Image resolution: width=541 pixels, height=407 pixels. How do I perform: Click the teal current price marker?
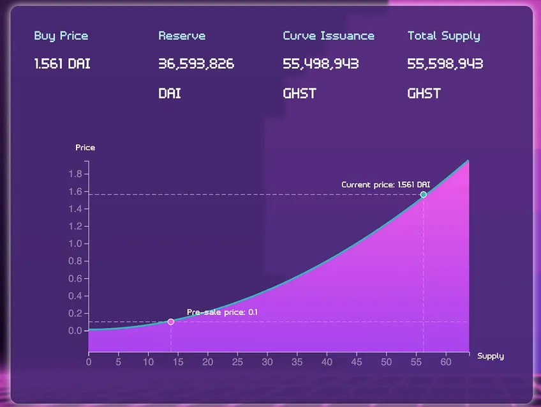424,194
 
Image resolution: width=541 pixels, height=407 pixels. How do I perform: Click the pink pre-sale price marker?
171,321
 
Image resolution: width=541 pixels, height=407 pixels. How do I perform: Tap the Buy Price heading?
61,36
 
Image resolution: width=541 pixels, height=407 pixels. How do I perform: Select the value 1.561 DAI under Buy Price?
63,63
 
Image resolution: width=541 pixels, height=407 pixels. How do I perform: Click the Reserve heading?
182,36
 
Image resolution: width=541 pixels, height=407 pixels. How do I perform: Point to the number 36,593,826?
196,63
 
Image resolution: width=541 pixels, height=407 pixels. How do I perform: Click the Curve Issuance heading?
329,36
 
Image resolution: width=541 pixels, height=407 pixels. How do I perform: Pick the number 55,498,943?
321,63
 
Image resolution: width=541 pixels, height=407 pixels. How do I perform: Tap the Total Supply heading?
443,36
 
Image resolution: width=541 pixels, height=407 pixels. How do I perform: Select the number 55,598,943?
445,63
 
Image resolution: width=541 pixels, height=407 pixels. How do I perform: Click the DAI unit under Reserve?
170,93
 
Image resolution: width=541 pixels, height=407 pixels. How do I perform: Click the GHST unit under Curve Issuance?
299,93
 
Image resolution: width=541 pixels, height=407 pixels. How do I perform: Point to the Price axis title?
85,148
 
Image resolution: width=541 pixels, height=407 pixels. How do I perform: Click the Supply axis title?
490,357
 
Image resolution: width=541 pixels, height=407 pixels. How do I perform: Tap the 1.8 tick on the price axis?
75,174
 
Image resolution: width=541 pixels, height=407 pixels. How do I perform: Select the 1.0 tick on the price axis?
75,243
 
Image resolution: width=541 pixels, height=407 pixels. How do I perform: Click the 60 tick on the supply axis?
446,362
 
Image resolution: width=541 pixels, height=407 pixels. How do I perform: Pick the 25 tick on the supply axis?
237,362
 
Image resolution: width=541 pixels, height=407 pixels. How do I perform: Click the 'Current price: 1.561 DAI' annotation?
386,185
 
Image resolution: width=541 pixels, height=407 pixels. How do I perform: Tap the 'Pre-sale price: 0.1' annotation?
222,312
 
